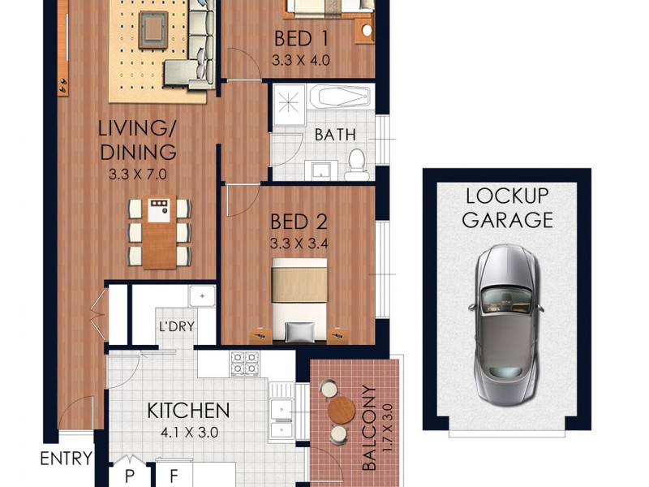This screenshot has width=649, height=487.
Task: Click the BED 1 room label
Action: (301, 38)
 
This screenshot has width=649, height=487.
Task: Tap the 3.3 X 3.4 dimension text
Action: (301, 240)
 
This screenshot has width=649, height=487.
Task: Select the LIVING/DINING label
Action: (137, 140)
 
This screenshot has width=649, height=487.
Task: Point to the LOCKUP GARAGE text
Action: (508, 207)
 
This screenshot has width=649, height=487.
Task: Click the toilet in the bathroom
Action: (355, 165)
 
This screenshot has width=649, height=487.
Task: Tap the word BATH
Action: (335, 134)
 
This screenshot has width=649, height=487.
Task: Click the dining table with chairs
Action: (160, 231)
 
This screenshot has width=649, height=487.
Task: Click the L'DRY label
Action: (174, 330)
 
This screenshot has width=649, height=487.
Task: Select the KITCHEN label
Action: (188, 410)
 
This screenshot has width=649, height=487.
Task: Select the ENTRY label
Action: (66, 459)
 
